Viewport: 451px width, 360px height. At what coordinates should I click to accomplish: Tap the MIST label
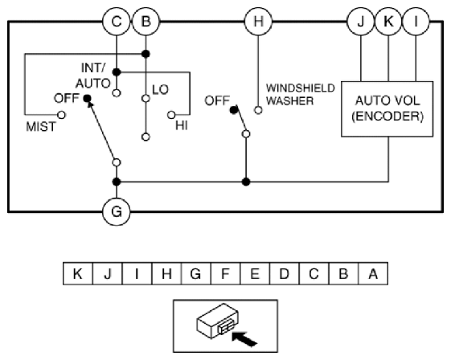(40, 127)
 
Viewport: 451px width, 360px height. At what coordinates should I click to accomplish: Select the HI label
(182, 125)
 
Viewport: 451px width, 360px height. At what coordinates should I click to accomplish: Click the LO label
(160, 90)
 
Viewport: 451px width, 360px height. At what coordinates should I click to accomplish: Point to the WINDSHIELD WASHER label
(301, 94)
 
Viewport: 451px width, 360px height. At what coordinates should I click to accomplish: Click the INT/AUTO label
(93, 76)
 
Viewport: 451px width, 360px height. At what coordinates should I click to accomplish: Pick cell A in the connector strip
(373, 273)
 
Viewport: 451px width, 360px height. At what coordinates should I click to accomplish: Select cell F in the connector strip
(225, 273)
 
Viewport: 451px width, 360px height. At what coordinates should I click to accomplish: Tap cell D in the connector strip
(284, 273)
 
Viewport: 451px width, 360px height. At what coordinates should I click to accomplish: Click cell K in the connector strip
(78, 273)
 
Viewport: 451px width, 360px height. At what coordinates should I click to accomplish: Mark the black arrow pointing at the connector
(244, 339)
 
